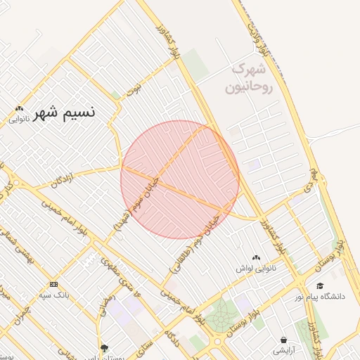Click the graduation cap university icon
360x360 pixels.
click(x=320, y=285)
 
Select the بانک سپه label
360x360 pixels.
click(x=54, y=295)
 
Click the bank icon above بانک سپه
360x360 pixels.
click(x=54, y=284)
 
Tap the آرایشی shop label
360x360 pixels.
click(x=284, y=349)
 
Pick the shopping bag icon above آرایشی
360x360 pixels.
click(x=284, y=340)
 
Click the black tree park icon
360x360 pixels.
click(x=105, y=347)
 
